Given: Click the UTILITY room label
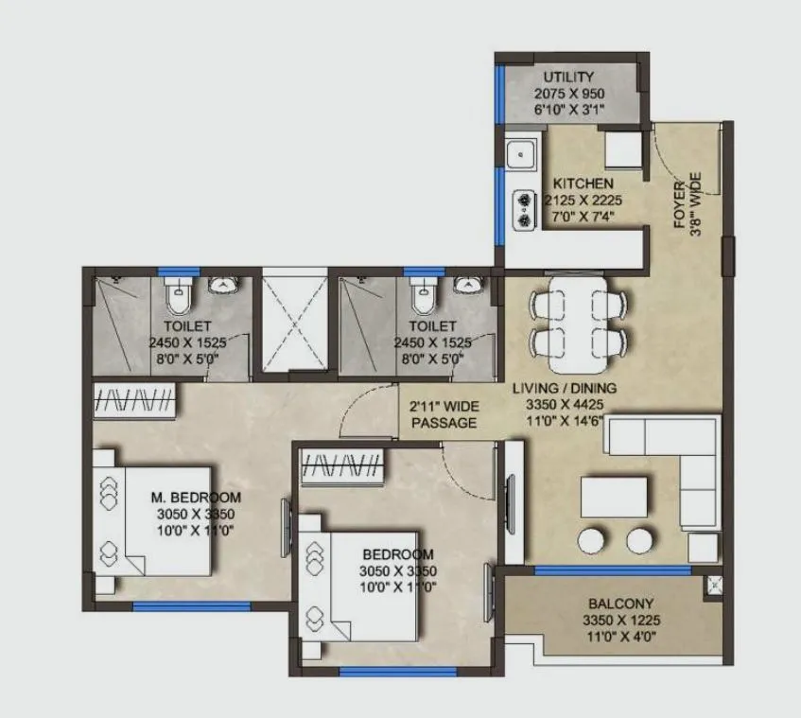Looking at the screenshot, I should tap(569, 77).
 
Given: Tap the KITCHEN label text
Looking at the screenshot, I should tap(583, 183).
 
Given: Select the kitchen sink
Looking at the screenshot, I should tap(519, 153).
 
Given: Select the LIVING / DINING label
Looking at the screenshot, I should tap(564, 388).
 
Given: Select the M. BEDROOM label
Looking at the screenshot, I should tap(197, 497).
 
